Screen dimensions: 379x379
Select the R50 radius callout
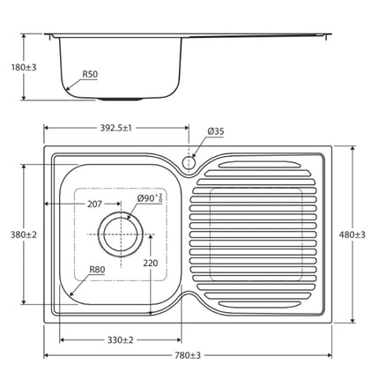click(x=90, y=75)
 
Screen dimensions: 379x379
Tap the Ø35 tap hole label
click(x=215, y=132)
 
